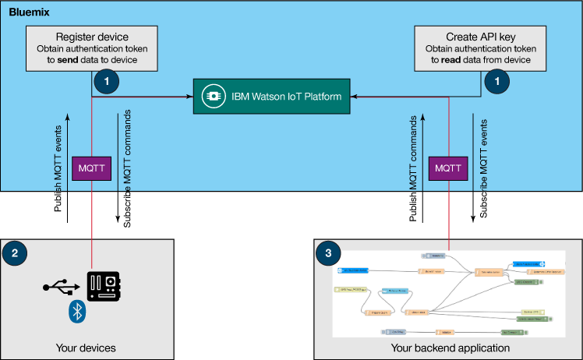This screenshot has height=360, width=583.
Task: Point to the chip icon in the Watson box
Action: click(212, 97)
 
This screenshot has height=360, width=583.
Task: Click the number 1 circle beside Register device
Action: click(106, 80)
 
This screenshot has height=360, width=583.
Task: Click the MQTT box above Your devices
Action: click(92, 168)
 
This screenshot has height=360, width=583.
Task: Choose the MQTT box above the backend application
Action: click(449, 168)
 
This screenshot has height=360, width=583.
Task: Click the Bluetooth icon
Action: click(77, 312)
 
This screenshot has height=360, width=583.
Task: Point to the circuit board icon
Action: click(104, 287)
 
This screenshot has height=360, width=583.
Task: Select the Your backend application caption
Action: click(450, 348)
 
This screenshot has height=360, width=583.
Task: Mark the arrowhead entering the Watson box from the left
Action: click(189, 97)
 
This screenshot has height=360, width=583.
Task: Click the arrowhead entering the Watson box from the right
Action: click(355, 97)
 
